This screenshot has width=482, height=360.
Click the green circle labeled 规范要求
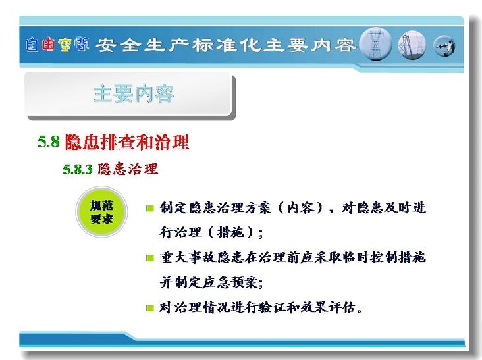(x=101, y=212)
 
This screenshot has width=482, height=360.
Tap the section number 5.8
(x=49, y=141)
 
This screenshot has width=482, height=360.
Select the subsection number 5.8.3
(x=78, y=169)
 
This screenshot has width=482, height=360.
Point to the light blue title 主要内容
(x=134, y=93)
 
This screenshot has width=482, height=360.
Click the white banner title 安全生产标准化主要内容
(x=226, y=45)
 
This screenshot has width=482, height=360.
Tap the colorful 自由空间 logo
(x=57, y=45)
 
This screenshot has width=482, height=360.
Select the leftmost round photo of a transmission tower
(x=375, y=44)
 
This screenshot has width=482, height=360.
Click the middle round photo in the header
(x=412, y=45)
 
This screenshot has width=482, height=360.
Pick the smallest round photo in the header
(x=444, y=46)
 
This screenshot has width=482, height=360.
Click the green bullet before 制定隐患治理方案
(x=150, y=209)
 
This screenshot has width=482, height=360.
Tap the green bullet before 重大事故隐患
(x=150, y=258)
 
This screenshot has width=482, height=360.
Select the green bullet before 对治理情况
(x=150, y=308)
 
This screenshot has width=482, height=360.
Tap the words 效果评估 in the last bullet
(x=328, y=307)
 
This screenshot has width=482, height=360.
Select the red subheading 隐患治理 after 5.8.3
(x=128, y=169)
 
